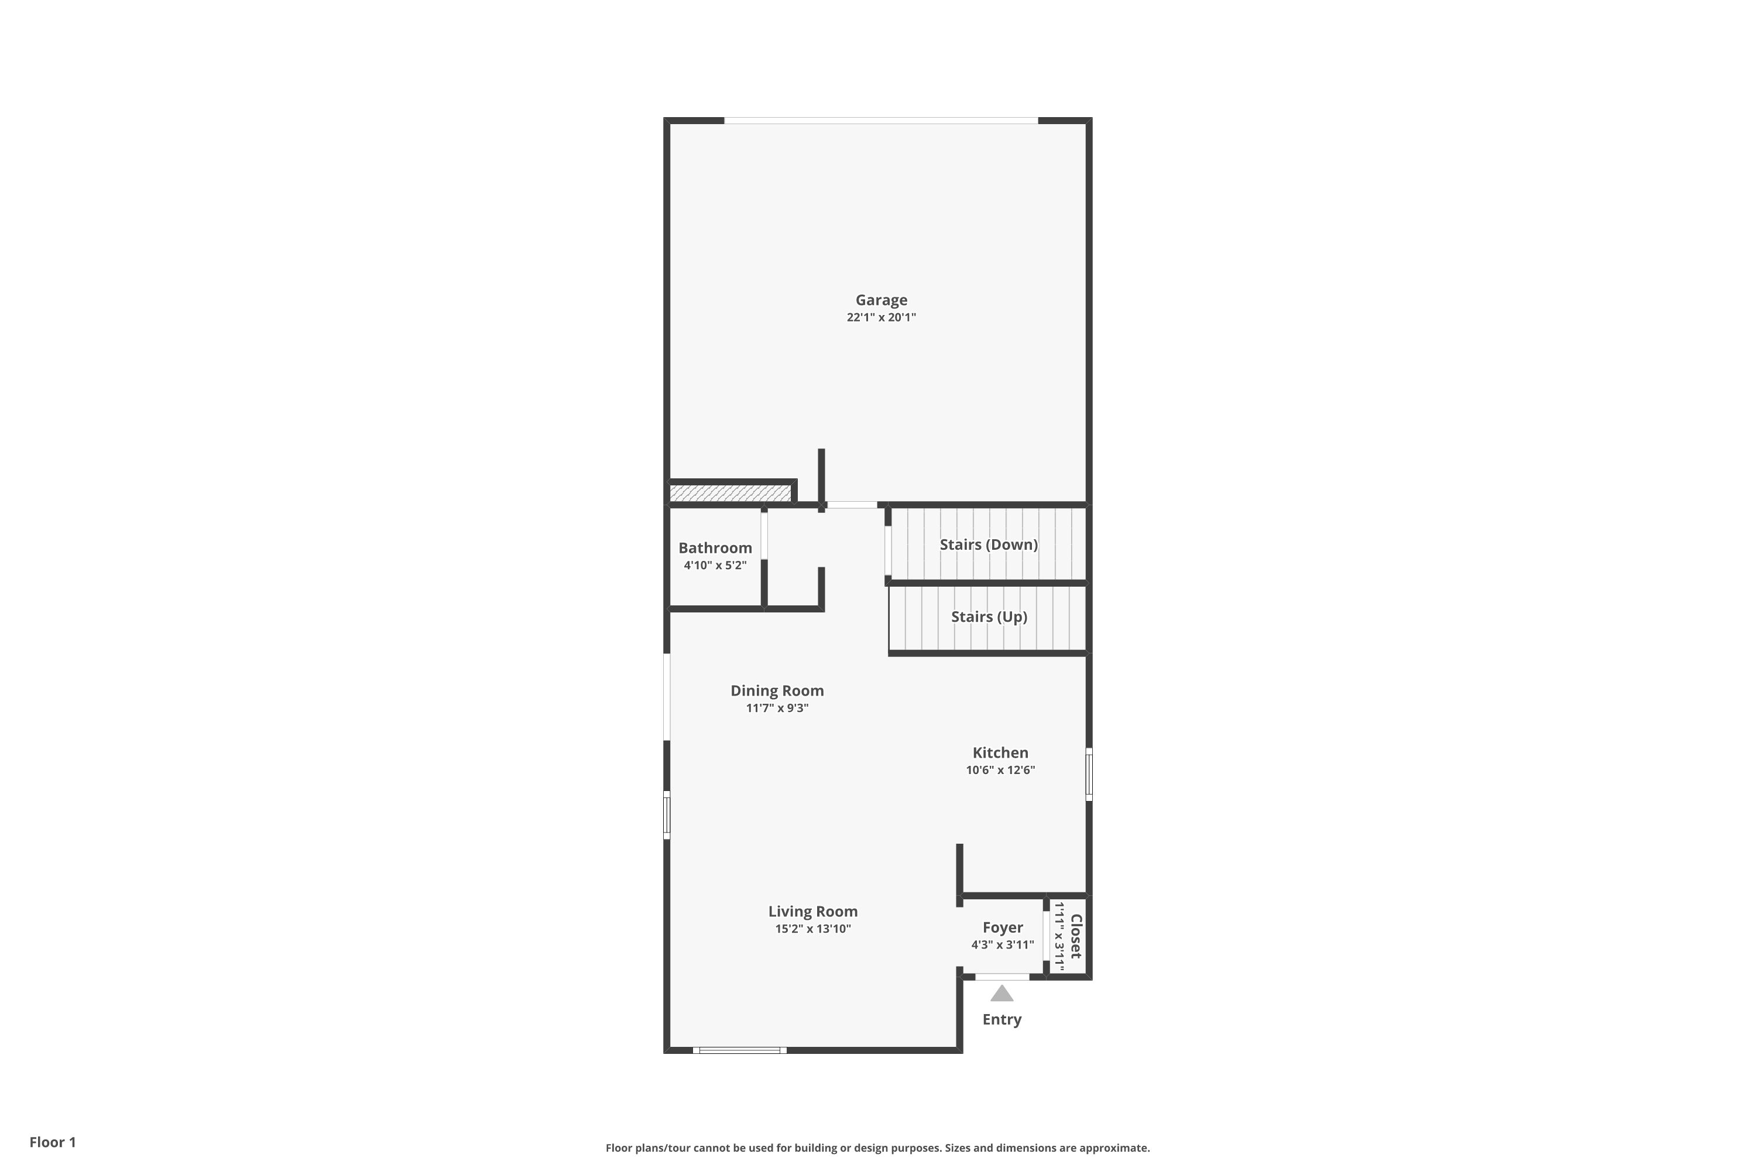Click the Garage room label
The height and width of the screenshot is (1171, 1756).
tap(881, 299)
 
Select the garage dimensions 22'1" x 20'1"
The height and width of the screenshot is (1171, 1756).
tap(881, 317)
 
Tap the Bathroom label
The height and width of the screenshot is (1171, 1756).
tap(715, 547)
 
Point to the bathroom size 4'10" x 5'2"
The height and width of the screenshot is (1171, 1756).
tap(715, 564)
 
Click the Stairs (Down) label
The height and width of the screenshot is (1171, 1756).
tap(989, 545)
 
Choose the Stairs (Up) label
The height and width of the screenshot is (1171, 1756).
tap(989, 616)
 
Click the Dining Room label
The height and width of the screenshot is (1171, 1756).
tap(777, 691)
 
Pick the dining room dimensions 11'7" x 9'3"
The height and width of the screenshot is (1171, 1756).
tap(777, 707)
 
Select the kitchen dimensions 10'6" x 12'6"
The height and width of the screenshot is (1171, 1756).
tap(1000, 769)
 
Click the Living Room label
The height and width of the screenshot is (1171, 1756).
tap(812, 911)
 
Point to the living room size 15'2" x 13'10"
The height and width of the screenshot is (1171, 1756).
tap(812, 928)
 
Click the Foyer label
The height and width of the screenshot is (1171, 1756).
tap(1002, 927)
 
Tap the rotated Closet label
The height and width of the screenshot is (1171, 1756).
tap(1076, 936)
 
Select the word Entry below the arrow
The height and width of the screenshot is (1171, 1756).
tap(1001, 1019)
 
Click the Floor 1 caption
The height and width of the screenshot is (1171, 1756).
tap(52, 1142)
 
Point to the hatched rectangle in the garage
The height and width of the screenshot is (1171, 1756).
tap(729, 493)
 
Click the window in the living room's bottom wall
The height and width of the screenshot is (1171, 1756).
tap(739, 1050)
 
